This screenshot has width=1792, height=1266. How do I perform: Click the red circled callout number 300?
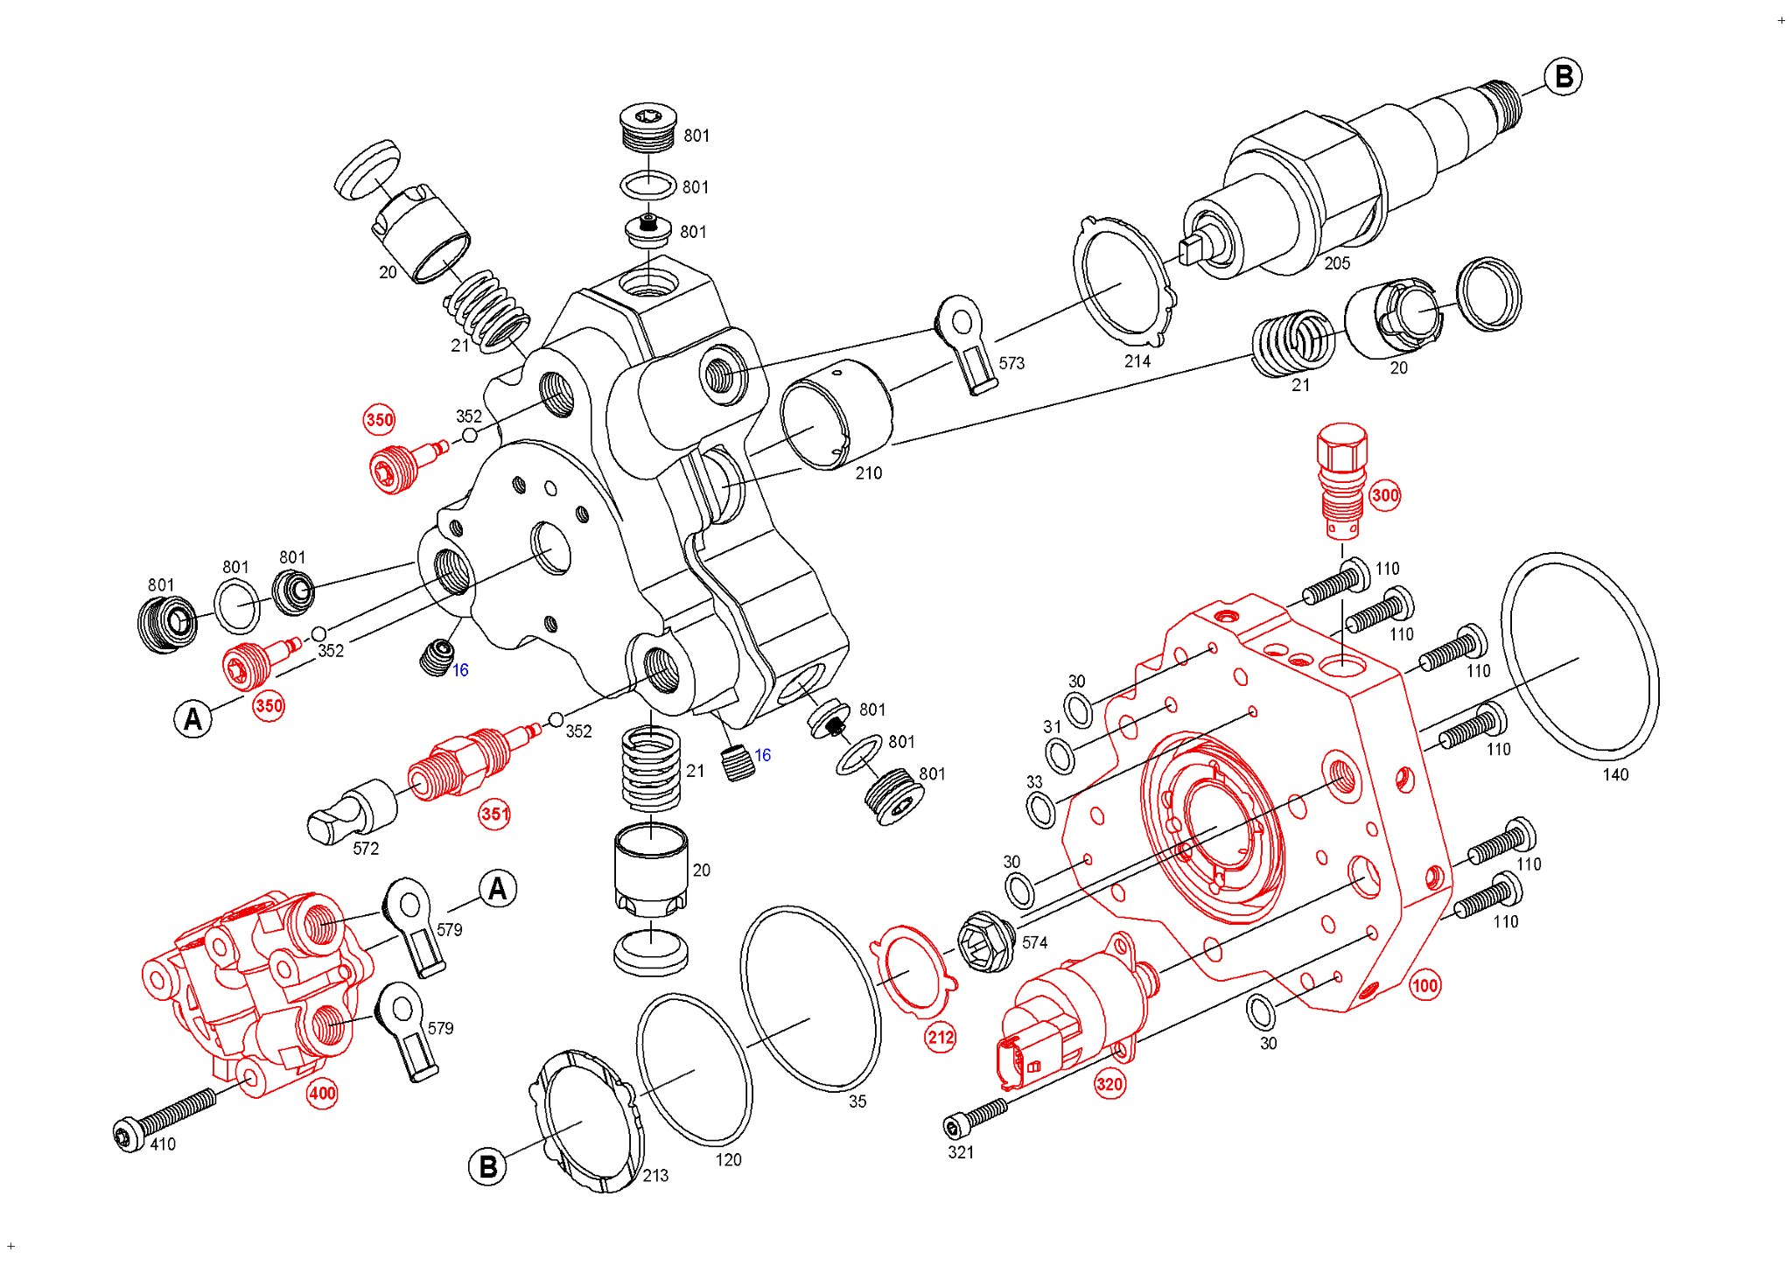1384,496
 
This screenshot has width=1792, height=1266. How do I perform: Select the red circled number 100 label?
1424,986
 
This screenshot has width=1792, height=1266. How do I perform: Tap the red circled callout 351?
494,815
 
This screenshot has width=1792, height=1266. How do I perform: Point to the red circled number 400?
322,1094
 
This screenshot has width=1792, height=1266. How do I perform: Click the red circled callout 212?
941,1039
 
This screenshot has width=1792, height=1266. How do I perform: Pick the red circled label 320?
1109,1085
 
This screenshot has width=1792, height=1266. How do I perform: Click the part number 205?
1336,263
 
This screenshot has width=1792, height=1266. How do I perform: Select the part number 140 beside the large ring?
1614,774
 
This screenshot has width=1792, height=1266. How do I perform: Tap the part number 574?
1034,942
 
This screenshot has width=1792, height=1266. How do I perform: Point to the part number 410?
163,1144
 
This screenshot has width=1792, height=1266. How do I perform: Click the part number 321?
961,1152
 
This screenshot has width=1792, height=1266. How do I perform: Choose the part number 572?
366,849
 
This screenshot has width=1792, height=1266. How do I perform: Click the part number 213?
655,1176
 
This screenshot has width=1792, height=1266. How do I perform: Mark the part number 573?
1011,363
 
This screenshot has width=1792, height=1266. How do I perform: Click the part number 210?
868,473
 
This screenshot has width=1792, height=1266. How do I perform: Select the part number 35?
857,1102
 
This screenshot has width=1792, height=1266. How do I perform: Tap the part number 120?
728,1160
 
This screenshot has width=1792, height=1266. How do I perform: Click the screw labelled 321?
975,1118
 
